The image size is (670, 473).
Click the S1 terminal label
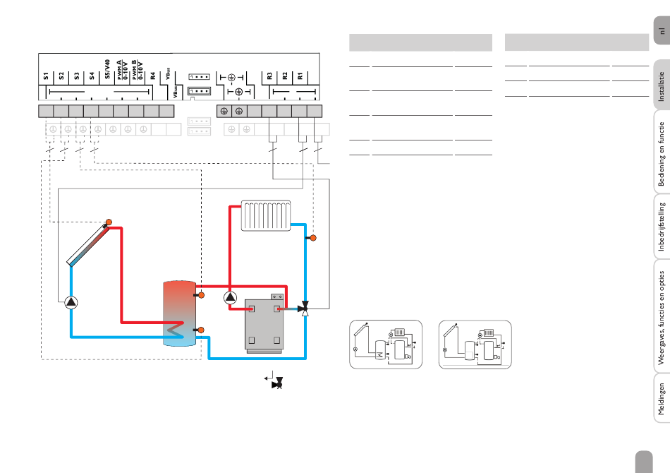(46, 75)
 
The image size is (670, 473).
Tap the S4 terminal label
(92, 75)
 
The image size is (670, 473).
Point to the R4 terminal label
(153, 75)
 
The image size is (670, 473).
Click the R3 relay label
(269, 75)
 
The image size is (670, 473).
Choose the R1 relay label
(300, 75)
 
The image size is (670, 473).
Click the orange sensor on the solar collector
(109, 224)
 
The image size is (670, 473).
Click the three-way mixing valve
(305, 309)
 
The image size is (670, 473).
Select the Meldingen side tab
(661, 400)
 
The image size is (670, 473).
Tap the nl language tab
(661, 32)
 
